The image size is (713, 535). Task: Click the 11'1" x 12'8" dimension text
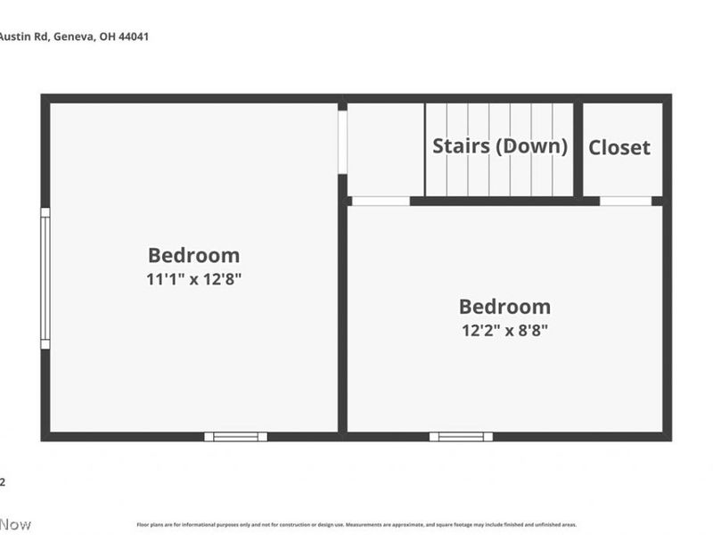pos(194,279)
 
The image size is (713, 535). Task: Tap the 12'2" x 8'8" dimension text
pos(504,331)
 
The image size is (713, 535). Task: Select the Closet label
pos(619,148)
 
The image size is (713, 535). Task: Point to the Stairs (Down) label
pos(500,146)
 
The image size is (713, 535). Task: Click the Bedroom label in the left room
pos(193,255)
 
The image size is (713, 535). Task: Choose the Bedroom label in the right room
pos(504,307)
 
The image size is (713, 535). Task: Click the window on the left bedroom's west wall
pos(45,278)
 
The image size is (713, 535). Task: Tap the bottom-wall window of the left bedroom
pos(236,436)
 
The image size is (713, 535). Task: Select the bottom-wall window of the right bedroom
pos(461,436)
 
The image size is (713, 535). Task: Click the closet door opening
pos(626,201)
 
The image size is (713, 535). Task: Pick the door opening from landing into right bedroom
pos(381,201)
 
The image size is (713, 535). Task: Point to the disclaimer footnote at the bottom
pos(356,525)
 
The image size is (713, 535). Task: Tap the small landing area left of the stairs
pos(384,149)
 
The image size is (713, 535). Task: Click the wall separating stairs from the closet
pos(578,149)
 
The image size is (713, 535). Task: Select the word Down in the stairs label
pos(531,146)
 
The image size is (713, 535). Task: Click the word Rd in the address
pos(40,37)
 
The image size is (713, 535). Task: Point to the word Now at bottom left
pos(15,524)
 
